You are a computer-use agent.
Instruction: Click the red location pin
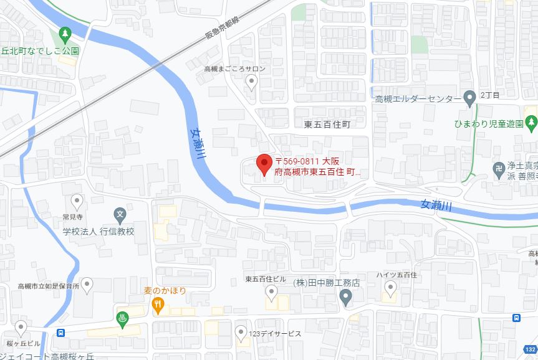264,164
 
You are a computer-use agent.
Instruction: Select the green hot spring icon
123,318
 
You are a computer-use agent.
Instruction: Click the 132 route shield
529,351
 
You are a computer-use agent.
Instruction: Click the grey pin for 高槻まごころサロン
251,81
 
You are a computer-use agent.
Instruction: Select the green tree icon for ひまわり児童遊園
531,123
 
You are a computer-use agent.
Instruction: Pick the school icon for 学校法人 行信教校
120,216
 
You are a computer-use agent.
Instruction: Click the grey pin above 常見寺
77,201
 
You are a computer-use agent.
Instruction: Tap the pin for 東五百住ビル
271,291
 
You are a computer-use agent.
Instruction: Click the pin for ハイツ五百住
391,287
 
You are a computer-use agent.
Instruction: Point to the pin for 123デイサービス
241,333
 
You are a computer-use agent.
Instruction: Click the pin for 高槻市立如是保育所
87,285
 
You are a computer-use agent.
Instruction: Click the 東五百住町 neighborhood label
327,124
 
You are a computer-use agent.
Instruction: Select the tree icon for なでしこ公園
64,33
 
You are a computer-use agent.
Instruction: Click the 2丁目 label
489,95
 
